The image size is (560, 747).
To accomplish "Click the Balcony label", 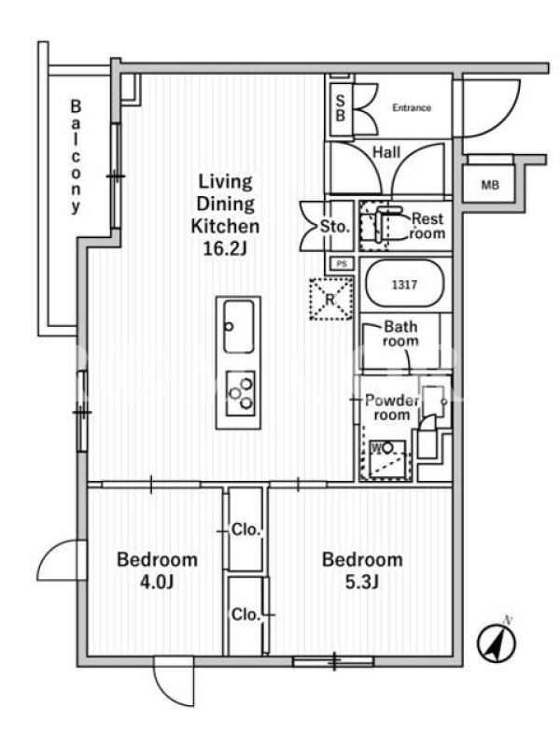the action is (76, 156).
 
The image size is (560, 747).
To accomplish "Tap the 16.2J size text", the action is (225, 248).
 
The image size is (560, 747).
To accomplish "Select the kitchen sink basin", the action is (239, 326).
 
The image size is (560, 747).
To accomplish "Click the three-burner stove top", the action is (240, 392).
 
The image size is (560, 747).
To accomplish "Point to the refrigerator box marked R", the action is (331, 299).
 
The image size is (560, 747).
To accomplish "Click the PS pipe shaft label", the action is (342, 263).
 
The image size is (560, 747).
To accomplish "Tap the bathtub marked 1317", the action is (404, 285).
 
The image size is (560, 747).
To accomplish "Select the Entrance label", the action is (412, 107).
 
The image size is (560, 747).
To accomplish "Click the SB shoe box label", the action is (340, 108).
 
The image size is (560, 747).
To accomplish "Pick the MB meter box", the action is (490, 184).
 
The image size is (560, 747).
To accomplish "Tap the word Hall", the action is (386, 152).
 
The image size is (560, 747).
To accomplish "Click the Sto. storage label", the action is (335, 226).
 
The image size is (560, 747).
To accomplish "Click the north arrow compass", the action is (497, 641).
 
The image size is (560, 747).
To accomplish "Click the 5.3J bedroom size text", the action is (362, 582).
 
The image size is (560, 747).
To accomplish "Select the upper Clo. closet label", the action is (246, 529).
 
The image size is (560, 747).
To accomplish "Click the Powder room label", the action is (392, 407).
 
